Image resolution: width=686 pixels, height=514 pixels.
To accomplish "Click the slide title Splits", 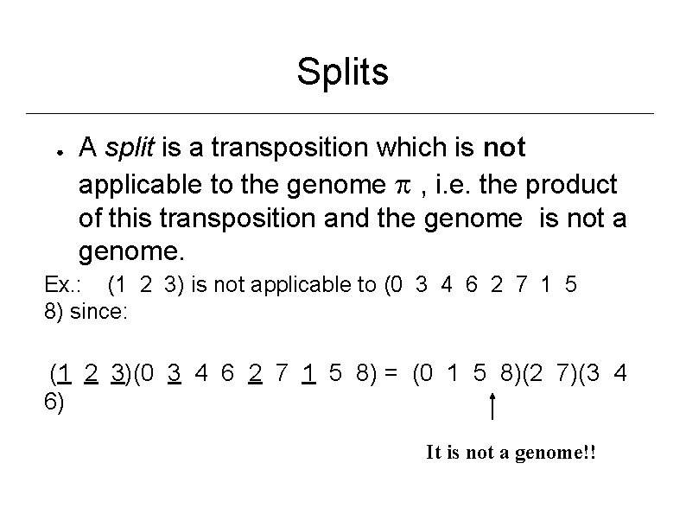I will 342,73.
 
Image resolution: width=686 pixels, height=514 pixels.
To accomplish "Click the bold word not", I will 505,149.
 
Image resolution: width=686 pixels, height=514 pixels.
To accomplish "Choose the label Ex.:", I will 65,286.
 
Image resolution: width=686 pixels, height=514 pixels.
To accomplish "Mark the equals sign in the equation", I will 391,374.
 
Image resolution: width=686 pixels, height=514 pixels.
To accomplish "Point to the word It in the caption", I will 434,453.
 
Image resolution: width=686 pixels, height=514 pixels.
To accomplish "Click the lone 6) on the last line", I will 54,400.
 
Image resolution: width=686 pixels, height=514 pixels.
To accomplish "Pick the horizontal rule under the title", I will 342,113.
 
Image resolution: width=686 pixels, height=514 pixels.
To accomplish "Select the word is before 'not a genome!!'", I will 454,453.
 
